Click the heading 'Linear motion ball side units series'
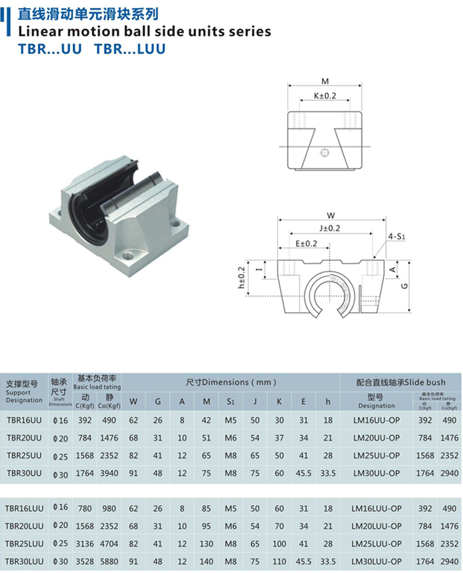[x=145, y=31]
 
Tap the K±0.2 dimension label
[x=325, y=96]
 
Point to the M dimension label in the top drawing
[x=325, y=81]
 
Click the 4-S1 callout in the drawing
[x=396, y=236]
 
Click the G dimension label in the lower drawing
[x=403, y=286]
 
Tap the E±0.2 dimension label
[x=306, y=243]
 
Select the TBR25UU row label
[x=24, y=456]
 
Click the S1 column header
[x=230, y=402]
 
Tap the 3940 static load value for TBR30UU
[x=109, y=473]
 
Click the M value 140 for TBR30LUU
[x=207, y=561]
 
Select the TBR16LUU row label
[x=25, y=508]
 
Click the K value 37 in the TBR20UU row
[x=279, y=438]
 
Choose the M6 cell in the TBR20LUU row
[x=230, y=526]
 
